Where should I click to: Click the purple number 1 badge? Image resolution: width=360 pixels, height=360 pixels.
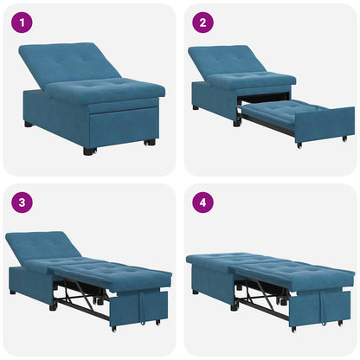[21, 22]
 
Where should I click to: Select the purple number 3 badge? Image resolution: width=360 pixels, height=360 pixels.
[21, 203]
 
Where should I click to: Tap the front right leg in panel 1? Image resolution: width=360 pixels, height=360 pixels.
[150, 142]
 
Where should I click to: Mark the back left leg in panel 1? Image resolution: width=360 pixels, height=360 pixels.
[29, 125]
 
